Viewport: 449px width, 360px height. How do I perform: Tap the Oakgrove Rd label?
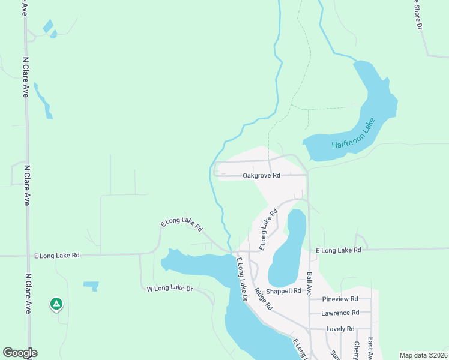261,176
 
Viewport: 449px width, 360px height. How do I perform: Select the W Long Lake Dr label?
169,289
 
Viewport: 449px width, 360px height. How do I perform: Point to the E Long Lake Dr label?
242,280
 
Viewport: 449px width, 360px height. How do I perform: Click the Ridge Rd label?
263,299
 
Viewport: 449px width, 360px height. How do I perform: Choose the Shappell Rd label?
284,291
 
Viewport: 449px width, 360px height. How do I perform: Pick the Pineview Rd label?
340,299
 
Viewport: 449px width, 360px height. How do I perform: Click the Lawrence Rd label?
339,313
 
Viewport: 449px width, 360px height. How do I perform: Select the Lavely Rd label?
340,329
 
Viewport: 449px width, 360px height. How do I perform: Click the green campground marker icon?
56,304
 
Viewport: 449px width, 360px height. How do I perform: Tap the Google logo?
20,353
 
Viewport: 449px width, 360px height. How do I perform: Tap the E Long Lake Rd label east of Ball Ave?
339,250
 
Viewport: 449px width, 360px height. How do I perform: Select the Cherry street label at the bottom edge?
356,350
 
